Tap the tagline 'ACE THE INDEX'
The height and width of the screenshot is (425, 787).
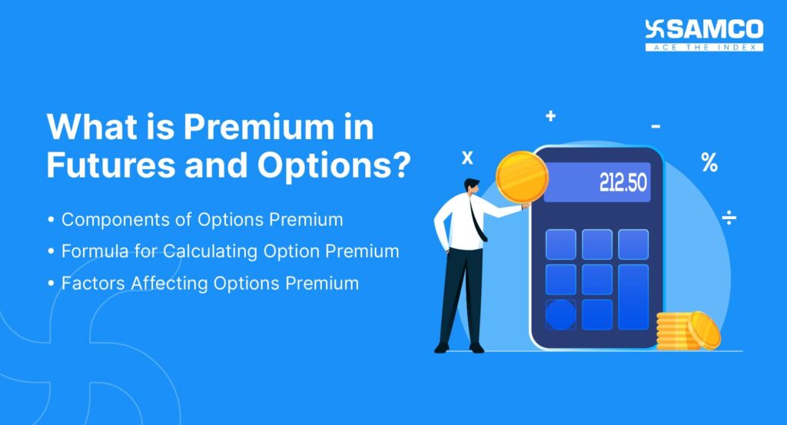(704, 48)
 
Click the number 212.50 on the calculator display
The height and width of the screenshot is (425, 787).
(623, 183)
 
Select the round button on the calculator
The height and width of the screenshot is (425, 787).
(560, 314)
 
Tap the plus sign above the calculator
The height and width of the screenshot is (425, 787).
(550, 117)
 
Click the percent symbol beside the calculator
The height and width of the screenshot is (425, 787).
(709, 162)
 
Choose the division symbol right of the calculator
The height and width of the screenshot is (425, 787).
(729, 219)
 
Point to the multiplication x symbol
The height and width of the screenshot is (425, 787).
(467, 158)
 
